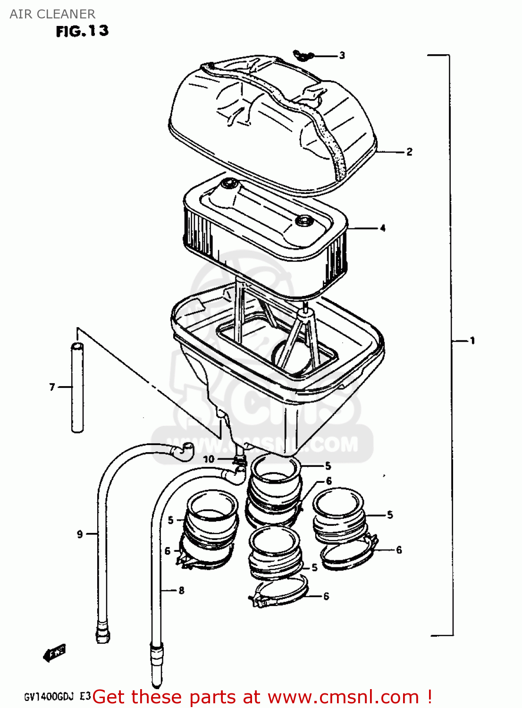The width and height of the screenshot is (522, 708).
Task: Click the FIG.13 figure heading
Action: tap(82, 31)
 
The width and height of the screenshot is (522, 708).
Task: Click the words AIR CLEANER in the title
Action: tap(52, 14)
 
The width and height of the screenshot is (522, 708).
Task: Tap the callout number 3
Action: tap(342, 56)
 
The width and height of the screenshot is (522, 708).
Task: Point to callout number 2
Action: tap(409, 152)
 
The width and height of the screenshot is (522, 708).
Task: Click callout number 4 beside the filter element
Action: tap(382, 228)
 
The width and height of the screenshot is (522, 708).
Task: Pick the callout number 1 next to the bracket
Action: tap(471, 340)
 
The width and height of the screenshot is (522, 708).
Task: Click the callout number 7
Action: tap(52, 387)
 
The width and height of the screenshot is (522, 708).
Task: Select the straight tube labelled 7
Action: tap(77, 387)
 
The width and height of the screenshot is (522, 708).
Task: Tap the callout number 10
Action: tap(209, 459)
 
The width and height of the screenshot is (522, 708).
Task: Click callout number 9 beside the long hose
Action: tap(80, 534)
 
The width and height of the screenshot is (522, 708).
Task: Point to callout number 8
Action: tap(181, 590)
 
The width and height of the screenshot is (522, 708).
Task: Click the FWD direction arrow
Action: tap(54, 653)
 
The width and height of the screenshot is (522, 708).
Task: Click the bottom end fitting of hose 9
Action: tap(103, 633)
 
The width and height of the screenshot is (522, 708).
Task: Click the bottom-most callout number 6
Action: tap(326, 597)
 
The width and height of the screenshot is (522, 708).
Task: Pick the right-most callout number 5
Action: tap(389, 515)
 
